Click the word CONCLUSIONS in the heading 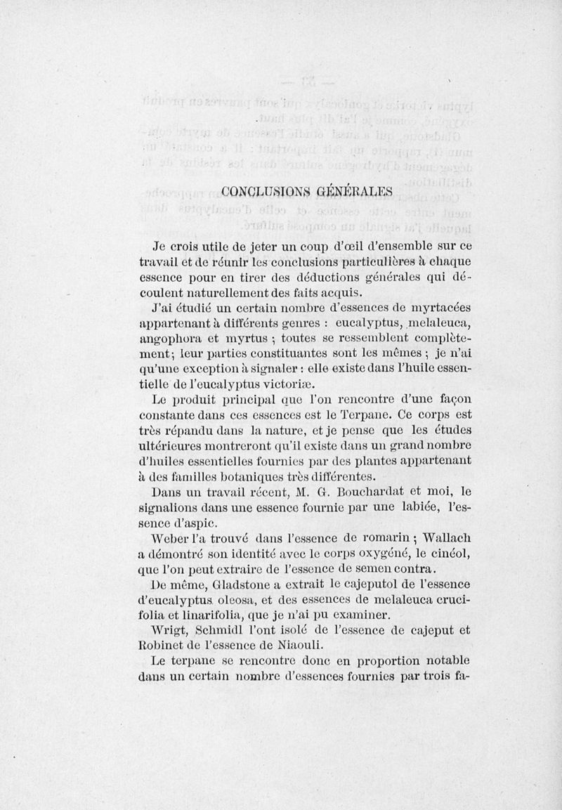point(254,190)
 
